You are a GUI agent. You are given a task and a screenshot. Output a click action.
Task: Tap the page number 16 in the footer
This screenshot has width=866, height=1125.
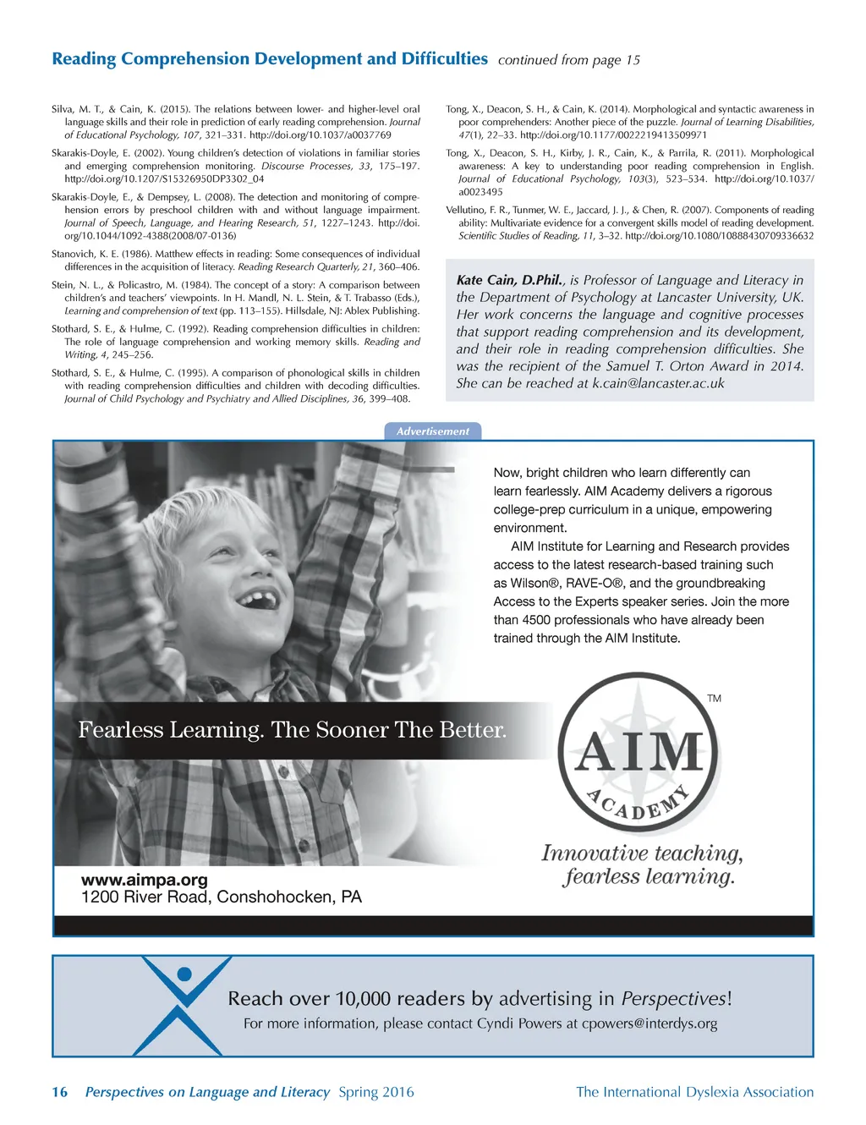59,1092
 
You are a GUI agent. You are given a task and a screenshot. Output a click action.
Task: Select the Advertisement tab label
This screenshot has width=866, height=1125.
432,431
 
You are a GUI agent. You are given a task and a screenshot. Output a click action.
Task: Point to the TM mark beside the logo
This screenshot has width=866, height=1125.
714,699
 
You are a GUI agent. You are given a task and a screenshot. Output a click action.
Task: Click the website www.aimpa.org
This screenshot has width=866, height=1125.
144,880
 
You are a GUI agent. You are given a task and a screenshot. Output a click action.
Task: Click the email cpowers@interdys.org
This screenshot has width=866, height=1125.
649,1023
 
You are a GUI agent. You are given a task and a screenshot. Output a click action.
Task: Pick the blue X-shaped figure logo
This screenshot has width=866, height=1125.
184,1005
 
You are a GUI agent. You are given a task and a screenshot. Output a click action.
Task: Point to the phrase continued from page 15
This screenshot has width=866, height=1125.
568,60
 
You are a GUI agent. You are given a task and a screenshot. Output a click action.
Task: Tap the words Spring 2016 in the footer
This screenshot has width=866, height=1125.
376,1092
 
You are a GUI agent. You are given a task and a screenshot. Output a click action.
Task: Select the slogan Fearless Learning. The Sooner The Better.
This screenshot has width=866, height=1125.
292,730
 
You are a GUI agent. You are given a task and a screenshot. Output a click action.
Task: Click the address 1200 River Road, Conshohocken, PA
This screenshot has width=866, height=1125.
221,897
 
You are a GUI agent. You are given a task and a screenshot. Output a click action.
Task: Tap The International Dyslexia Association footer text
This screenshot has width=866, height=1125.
694,1092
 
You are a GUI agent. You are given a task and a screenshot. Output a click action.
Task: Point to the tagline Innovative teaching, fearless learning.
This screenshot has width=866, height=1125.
642,864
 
